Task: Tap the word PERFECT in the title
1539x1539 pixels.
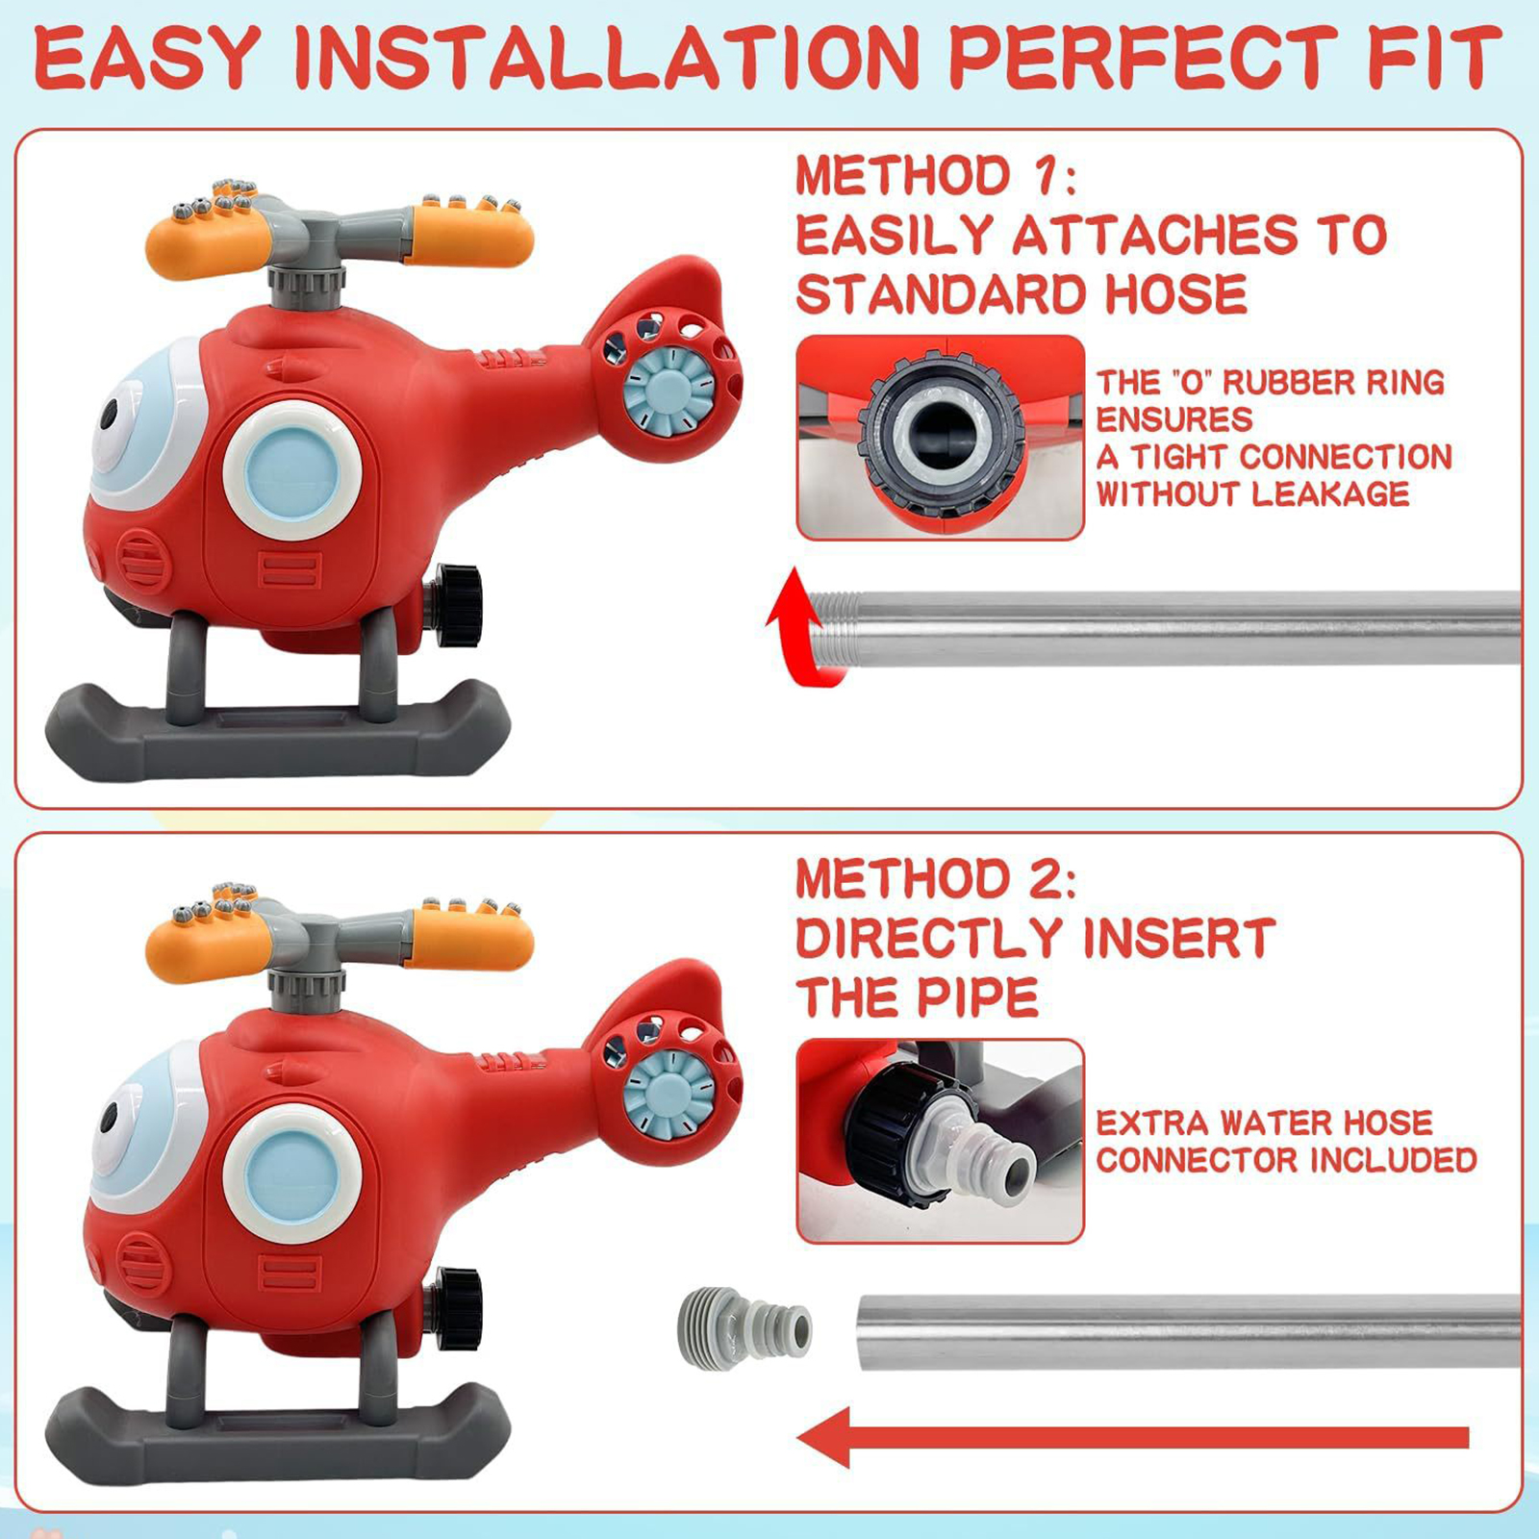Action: pyautogui.click(x=1143, y=59)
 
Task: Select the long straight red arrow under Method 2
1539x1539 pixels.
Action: pyautogui.click(x=1133, y=1437)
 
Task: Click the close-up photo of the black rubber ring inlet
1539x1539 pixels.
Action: pyautogui.click(x=940, y=438)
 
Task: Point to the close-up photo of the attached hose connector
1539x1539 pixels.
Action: pyautogui.click(x=940, y=1141)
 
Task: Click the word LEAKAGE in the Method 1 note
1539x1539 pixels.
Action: pyautogui.click(x=1331, y=494)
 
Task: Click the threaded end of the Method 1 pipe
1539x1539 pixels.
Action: pyautogui.click(x=833, y=629)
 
